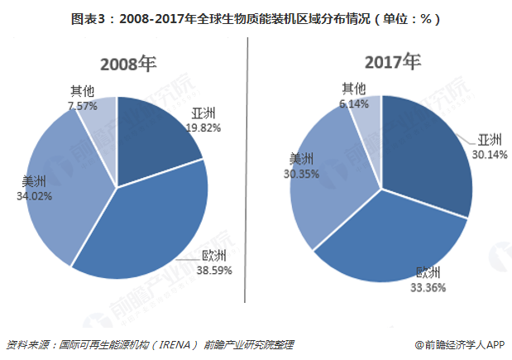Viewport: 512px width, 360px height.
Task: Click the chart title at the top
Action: [256, 17]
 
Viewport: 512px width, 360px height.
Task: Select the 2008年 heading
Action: [129, 64]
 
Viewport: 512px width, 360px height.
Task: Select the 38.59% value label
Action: [214, 270]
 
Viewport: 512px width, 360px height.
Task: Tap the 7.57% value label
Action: [84, 106]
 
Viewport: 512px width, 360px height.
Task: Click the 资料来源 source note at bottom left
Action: [150, 344]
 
